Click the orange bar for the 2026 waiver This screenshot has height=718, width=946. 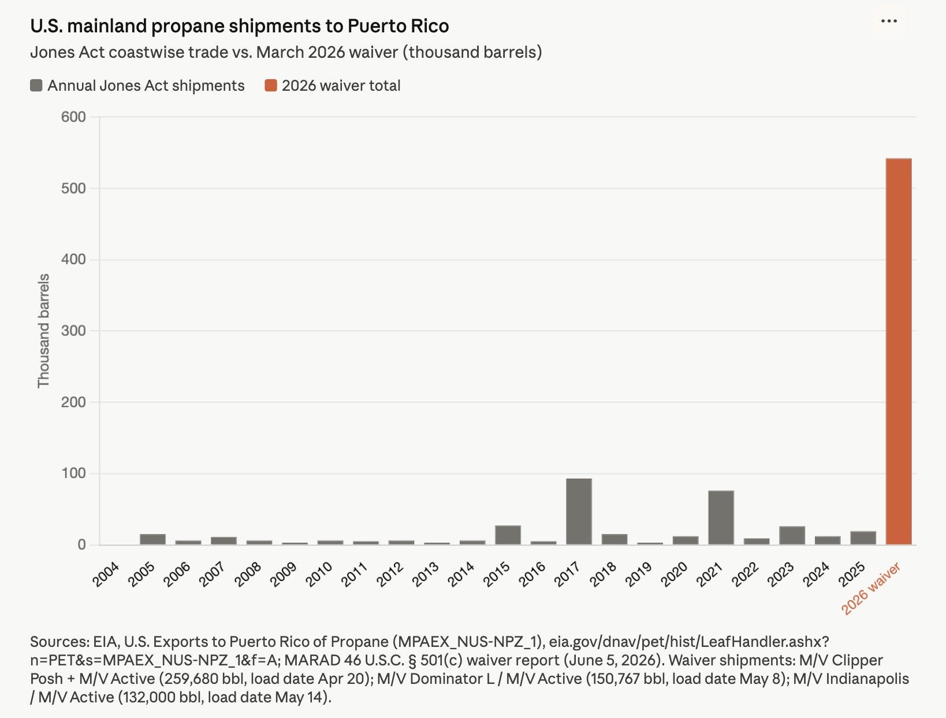coord(899,351)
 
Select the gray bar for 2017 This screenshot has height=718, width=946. coord(579,512)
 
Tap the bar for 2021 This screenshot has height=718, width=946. coord(721,517)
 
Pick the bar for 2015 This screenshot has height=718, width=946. coord(508,535)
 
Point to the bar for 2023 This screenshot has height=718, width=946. coord(792,535)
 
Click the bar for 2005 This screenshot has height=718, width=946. coord(152,539)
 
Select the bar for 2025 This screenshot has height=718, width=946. coord(863,538)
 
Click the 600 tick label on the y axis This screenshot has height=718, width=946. coord(73,117)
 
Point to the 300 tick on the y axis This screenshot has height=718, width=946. coord(73,331)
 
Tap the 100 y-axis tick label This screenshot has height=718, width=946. coord(73,473)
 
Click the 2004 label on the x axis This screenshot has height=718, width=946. coord(106,575)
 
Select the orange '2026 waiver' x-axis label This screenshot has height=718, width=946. coord(870,588)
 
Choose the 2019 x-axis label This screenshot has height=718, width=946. coord(638,575)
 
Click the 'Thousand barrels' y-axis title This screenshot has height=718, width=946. coord(43,331)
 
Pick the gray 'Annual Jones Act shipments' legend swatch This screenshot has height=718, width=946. coord(36,86)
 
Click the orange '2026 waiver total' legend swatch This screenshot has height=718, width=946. coord(271,86)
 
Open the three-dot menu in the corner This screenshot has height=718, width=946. coord(889,21)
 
